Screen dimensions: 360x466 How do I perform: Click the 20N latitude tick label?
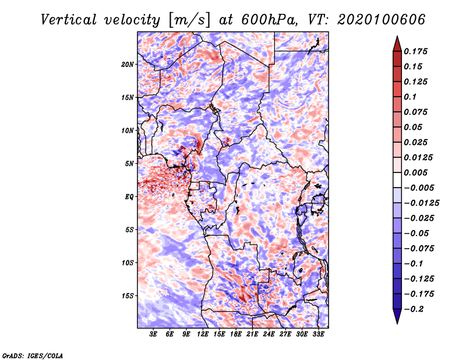[x=128, y=64]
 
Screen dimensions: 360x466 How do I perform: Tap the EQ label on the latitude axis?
[x=129, y=196]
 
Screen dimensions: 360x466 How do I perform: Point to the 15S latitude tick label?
[x=128, y=295]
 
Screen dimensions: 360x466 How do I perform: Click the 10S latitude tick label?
[x=128, y=262]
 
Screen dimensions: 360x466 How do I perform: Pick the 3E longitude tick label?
[x=153, y=335]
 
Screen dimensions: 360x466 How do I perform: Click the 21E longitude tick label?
[x=252, y=335]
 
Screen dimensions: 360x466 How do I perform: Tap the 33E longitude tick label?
[x=318, y=335]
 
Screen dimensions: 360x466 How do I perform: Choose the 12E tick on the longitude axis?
[x=203, y=335]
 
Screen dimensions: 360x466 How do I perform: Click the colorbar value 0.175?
[x=418, y=51]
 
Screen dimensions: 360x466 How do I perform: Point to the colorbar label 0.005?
[x=418, y=172]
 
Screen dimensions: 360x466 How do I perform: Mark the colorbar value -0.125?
[x=420, y=278]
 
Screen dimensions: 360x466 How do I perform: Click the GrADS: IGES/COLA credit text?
[x=32, y=355]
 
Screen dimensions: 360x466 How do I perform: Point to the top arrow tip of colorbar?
[x=397, y=37]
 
